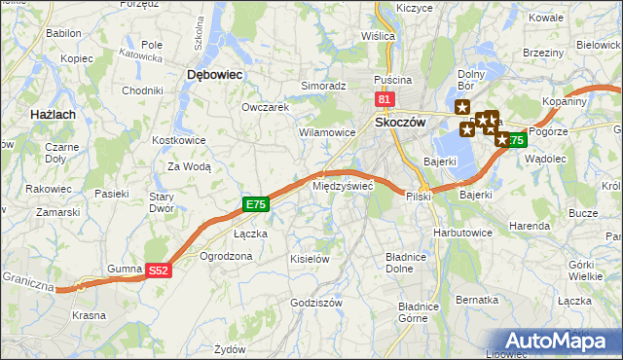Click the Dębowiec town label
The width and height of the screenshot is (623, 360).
(214, 74)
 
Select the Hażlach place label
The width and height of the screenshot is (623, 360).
(26, 115)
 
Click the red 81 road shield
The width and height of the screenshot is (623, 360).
(385, 99)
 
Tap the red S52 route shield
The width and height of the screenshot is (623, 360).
(159, 272)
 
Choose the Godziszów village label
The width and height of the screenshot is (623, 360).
(316, 303)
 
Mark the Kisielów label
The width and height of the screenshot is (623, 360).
(311, 259)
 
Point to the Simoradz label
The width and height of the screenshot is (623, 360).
(323, 86)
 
